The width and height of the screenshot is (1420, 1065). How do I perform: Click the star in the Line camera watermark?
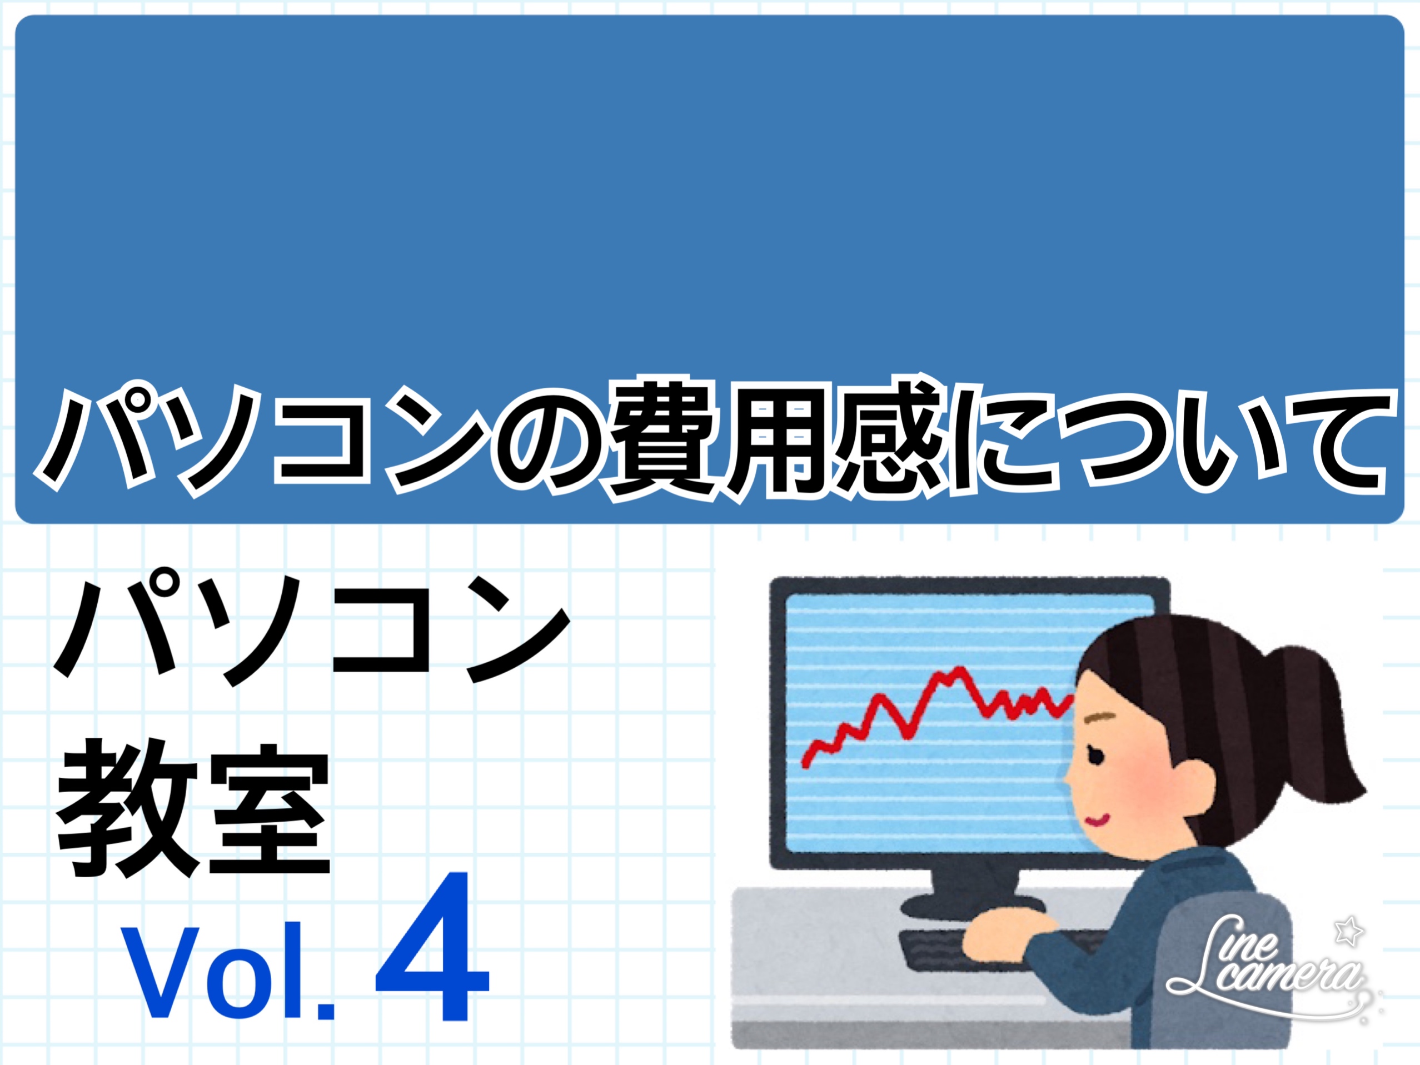(1347, 932)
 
